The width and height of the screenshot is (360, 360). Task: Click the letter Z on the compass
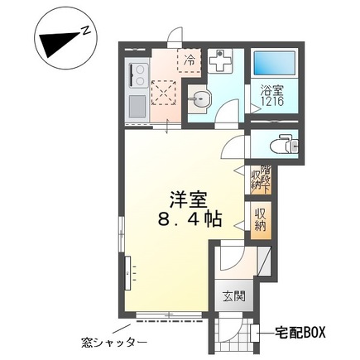[x=87, y=31]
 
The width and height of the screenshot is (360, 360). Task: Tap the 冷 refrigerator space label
[x=190, y=60]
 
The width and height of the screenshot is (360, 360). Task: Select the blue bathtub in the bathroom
[x=275, y=63]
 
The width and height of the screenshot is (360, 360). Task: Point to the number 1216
[x=272, y=101]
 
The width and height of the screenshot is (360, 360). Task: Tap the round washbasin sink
[x=199, y=98]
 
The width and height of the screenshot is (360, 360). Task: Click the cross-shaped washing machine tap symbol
[x=220, y=60]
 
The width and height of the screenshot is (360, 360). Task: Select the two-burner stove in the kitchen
[x=138, y=75]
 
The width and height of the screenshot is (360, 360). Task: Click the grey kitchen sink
[x=137, y=106]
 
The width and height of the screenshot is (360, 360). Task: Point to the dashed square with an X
[x=163, y=93]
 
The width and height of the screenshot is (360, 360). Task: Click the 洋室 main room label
[x=189, y=200]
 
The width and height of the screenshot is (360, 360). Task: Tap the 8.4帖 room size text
[x=190, y=219]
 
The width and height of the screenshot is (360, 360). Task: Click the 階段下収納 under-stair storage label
[x=261, y=180]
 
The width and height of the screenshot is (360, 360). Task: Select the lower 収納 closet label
[x=261, y=220]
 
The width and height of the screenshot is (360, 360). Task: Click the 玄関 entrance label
[x=234, y=295]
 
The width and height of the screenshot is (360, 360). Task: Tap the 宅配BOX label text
[x=300, y=333]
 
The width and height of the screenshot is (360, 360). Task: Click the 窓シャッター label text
[x=113, y=343]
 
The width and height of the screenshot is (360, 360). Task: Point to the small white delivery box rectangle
[x=255, y=333]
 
